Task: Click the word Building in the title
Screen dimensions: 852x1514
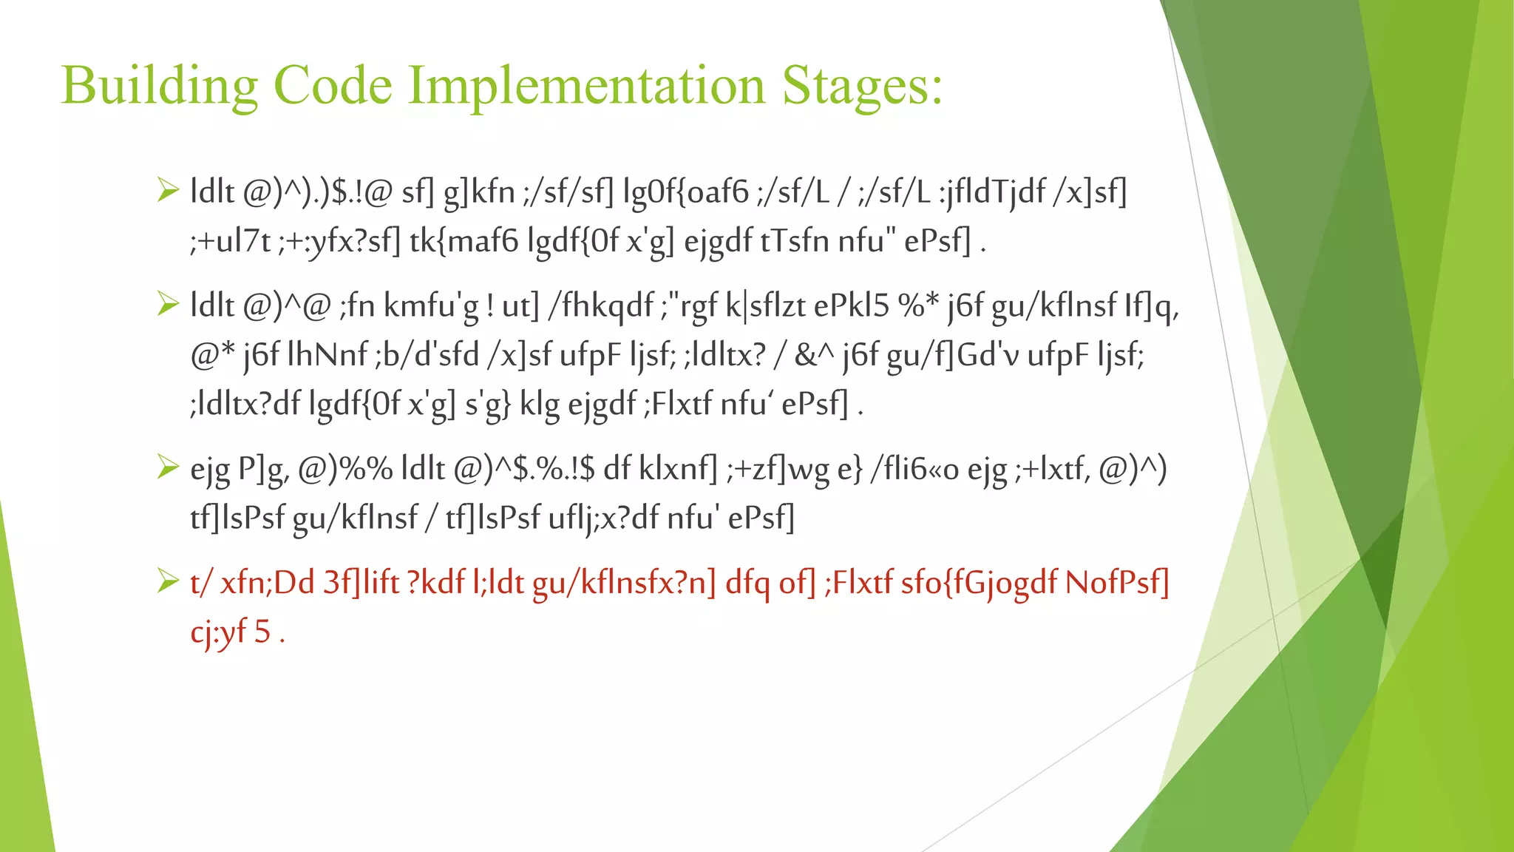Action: click(x=159, y=85)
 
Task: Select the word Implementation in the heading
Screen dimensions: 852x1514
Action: click(x=587, y=85)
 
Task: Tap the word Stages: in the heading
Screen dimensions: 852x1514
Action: click(x=862, y=85)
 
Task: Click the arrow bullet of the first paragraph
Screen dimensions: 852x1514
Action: click(x=168, y=191)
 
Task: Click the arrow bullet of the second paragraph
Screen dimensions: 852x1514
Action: click(x=168, y=304)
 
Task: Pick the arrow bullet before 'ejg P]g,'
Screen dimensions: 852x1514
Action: click(x=168, y=467)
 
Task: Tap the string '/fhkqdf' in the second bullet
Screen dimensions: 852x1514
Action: click(x=600, y=305)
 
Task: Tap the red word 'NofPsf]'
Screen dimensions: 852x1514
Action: click(x=1117, y=583)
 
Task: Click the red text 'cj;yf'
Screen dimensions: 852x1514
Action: click(x=218, y=632)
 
